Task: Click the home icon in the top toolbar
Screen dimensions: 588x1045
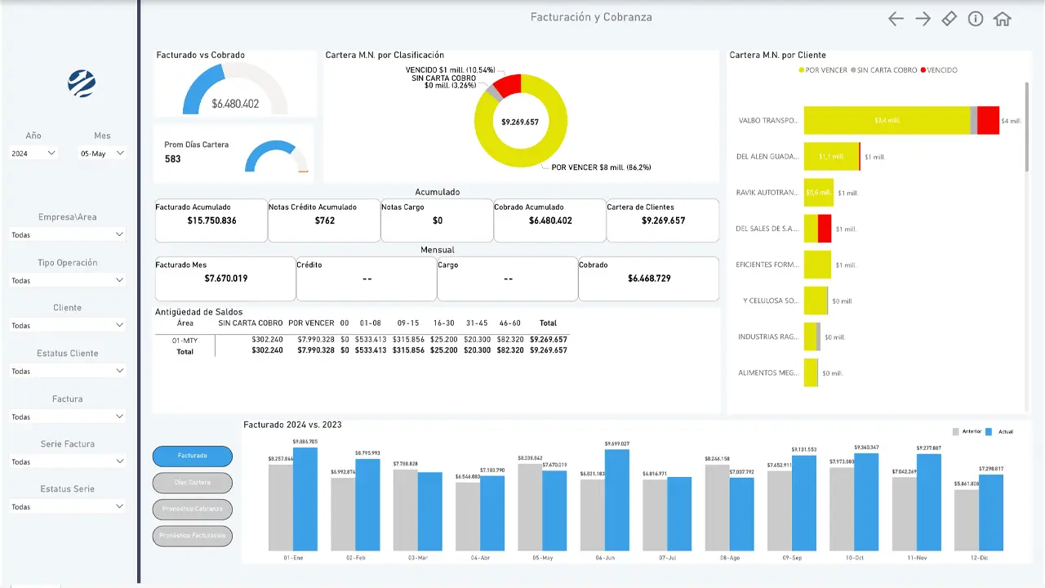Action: point(1003,19)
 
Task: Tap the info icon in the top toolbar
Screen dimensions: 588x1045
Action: point(976,19)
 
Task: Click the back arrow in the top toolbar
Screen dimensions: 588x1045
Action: point(896,19)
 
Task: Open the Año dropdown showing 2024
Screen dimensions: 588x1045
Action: point(33,153)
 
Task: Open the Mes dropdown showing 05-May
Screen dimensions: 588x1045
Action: point(102,153)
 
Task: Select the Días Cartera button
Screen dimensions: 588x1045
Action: point(193,483)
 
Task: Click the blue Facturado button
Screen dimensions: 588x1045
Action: point(193,456)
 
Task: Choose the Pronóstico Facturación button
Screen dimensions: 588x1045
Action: point(193,537)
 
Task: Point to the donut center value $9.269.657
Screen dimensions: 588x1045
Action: point(520,122)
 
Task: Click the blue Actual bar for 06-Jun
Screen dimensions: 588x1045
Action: point(617,500)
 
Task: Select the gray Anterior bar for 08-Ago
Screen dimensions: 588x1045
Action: point(717,507)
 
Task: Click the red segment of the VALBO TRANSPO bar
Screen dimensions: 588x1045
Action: point(988,120)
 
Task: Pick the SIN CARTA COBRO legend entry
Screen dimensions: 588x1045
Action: point(883,70)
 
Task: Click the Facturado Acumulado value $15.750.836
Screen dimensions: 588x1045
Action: point(211,220)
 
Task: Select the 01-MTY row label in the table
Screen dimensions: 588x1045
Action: point(185,339)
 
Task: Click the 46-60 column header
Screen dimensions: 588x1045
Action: point(509,323)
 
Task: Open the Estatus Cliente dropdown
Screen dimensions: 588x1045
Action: point(68,371)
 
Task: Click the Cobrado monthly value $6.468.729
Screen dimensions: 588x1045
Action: point(649,278)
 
